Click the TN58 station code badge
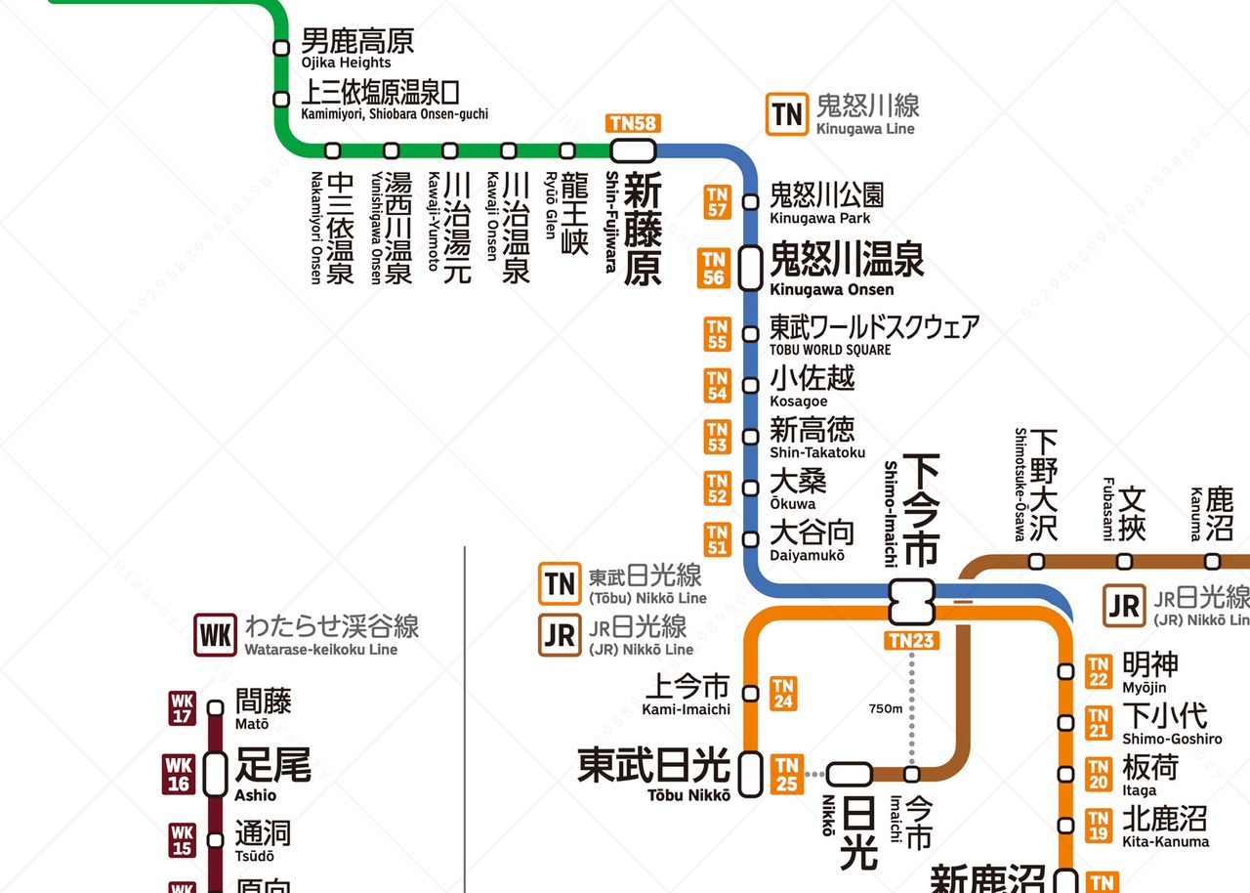tap(633, 123)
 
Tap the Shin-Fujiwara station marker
tap(633, 150)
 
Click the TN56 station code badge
tap(715, 268)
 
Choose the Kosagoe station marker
tap(750, 385)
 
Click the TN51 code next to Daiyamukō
tap(718, 539)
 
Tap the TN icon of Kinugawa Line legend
tap(787, 114)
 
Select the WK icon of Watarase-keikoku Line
tap(215, 635)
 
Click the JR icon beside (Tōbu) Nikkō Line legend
tap(561, 635)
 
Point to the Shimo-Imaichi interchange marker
tap(912, 602)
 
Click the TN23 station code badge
tap(912, 641)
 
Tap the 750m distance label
tap(886, 708)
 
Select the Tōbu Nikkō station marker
tap(750, 774)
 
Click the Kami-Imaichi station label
tap(687, 695)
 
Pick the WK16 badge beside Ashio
tap(181, 773)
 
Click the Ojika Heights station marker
tap(281, 48)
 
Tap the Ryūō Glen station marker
tap(567, 150)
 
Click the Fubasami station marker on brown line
tap(1125, 562)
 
